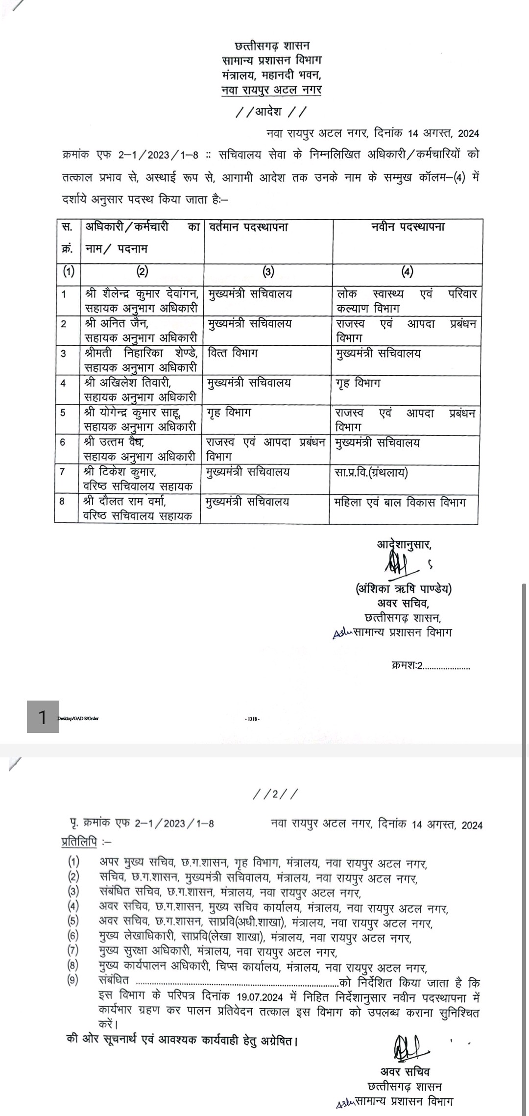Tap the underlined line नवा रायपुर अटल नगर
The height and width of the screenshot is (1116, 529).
(271, 91)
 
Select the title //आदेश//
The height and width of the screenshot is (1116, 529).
(271, 112)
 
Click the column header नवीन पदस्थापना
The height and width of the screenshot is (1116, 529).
(407, 226)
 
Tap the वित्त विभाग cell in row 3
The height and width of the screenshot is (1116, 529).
(232, 353)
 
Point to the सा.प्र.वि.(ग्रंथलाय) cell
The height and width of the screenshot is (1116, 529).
(371, 472)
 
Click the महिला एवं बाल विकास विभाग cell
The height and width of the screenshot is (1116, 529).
(400, 502)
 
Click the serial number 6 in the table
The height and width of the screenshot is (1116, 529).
(63, 442)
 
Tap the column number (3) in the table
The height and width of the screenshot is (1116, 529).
(268, 272)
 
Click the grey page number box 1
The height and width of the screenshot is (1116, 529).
(43, 717)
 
